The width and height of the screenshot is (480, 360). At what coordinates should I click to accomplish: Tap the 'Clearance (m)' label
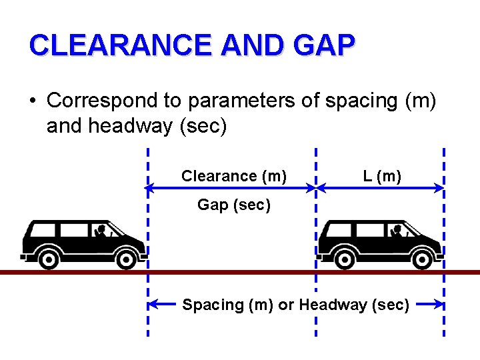click(234, 176)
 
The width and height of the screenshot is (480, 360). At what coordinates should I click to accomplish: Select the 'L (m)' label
click(382, 176)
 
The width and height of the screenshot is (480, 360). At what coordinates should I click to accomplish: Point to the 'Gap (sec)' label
click(234, 205)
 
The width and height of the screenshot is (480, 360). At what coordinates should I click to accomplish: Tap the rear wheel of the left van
click(48, 258)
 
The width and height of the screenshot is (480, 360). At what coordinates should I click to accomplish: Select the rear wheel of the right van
click(345, 258)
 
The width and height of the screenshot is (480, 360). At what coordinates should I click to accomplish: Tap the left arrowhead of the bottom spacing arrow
click(153, 305)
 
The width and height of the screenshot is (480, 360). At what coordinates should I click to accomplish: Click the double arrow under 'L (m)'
click(380, 189)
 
